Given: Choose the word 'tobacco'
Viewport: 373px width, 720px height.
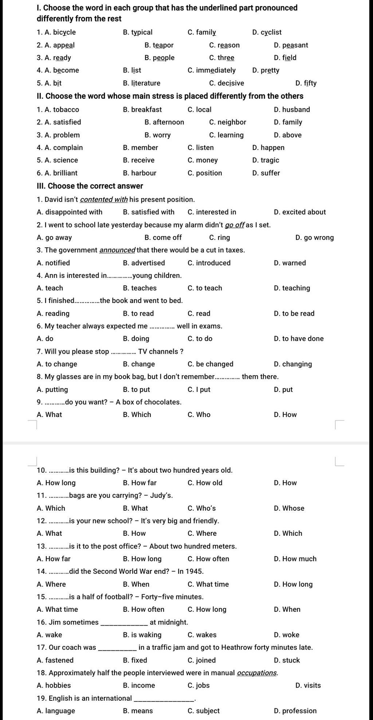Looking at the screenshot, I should (66, 110).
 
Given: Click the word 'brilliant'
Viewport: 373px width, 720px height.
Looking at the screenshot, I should (65, 173).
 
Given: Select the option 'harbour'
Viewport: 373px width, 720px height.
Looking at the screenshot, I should (144, 173).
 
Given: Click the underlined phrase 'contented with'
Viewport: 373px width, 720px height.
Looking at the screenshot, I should (104, 200).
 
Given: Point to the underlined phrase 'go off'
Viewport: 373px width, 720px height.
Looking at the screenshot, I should (235, 225).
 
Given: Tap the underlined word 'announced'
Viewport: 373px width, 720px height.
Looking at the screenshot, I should (117, 250).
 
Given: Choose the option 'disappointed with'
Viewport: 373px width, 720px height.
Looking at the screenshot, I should (74, 212).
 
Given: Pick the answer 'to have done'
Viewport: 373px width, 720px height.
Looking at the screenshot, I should (303, 339).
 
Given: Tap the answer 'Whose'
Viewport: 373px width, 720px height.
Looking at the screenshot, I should (293, 508).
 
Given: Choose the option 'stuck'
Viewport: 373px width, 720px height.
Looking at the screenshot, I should (291, 660).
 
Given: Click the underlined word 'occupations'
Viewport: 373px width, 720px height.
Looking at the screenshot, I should (257, 673).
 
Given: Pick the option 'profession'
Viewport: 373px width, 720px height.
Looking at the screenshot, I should (299, 711).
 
